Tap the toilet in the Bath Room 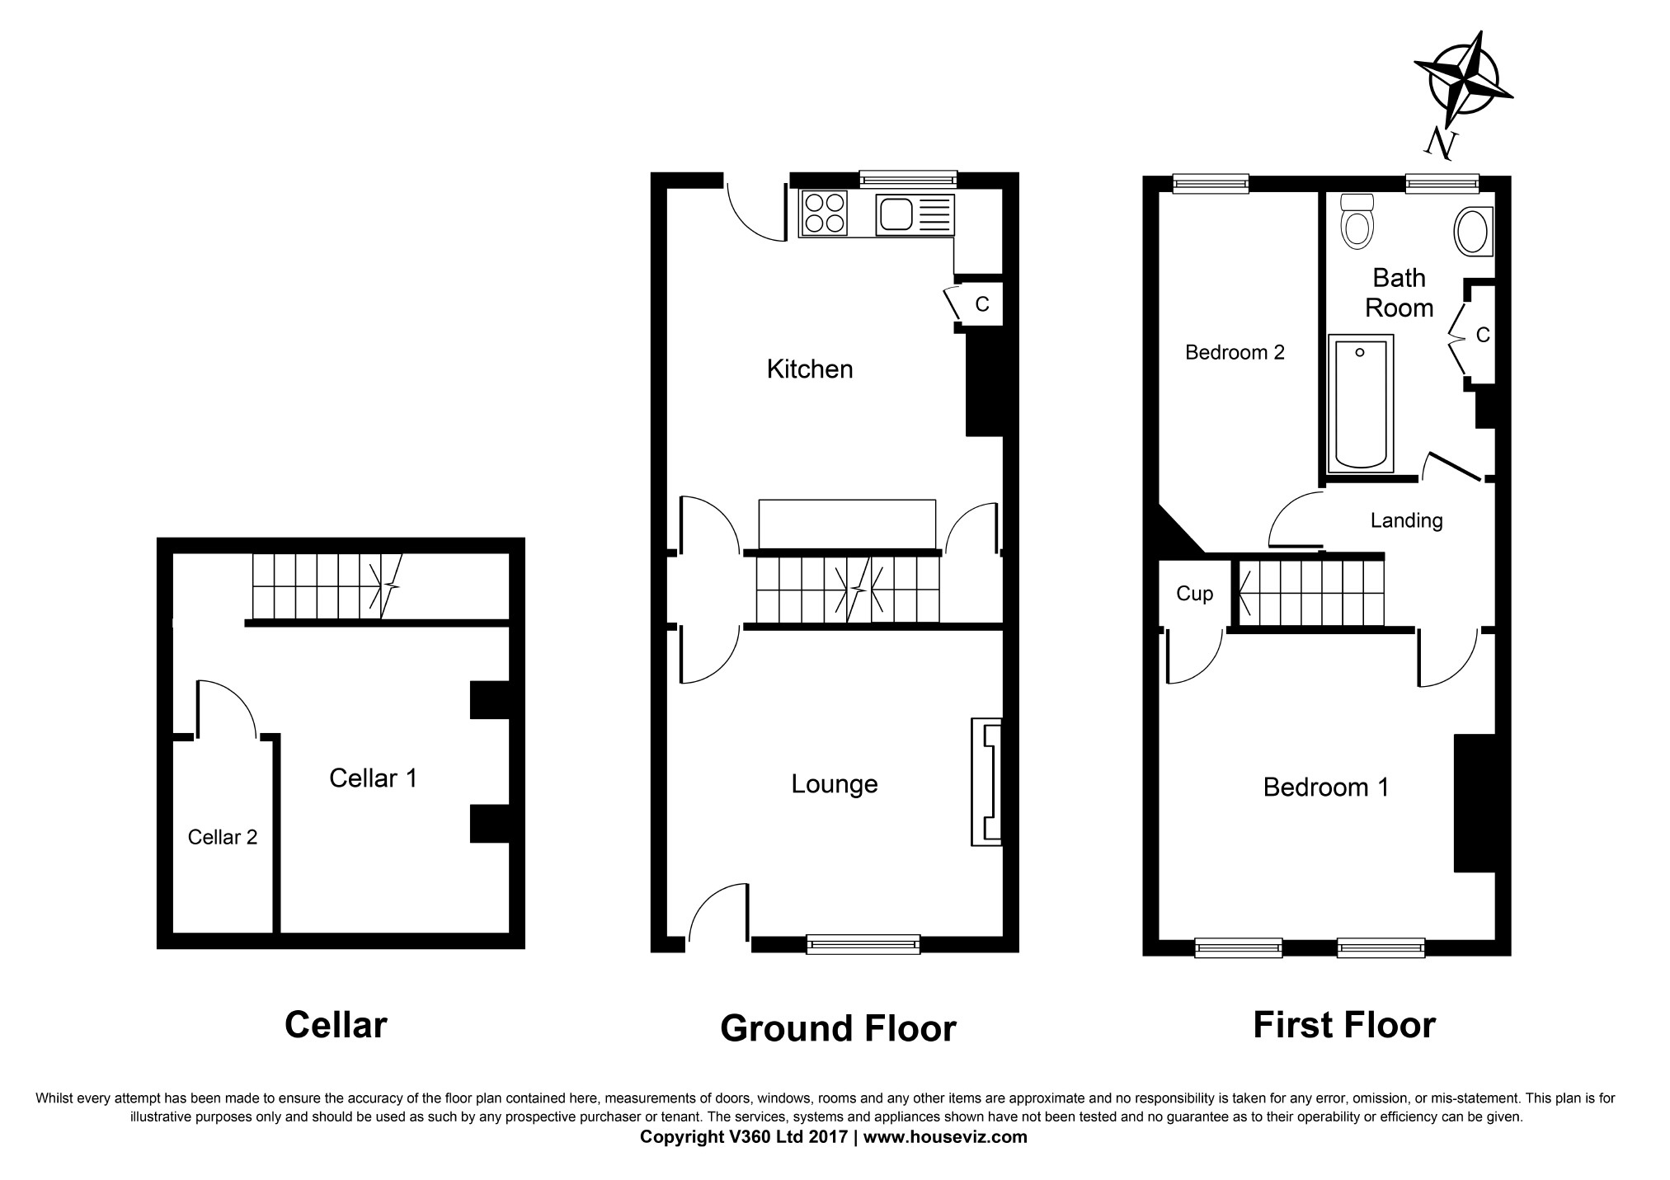1357,221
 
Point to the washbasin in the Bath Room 1472,231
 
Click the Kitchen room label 810,369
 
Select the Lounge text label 835,784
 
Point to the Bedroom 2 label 1235,353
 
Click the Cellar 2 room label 223,838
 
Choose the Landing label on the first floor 1407,521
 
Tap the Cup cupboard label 1194,594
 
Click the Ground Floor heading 838,1028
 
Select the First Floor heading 1344,1025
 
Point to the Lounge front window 863,944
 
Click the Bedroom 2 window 1210,184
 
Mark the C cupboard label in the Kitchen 982,304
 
